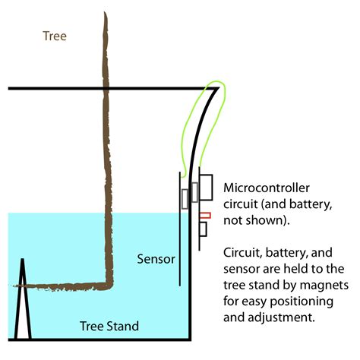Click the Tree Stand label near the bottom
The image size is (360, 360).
tap(109, 327)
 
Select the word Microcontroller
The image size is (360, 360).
tap(264, 187)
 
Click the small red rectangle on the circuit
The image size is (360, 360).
tap(204, 216)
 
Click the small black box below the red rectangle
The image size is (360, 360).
tap(203, 229)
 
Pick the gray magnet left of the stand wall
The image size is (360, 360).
tap(185, 199)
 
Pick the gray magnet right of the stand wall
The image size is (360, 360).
tap(194, 191)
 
